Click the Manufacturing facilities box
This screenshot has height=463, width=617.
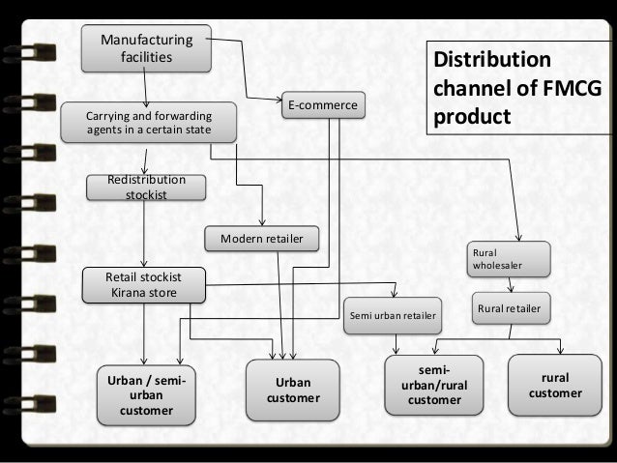pyautogui.click(x=148, y=49)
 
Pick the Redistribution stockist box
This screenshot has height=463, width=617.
pyautogui.click(x=147, y=188)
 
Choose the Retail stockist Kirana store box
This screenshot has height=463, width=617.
pyautogui.click(x=143, y=285)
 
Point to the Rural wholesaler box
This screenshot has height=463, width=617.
pyautogui.click(x=510, y=256)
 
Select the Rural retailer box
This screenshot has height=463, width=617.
pyautogui.click(x=509, y=308)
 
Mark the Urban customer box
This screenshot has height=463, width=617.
pyautogui.click(x=293, y=390)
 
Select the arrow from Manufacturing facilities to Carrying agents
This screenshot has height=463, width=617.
pyautogui.click(x=148, y=85)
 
